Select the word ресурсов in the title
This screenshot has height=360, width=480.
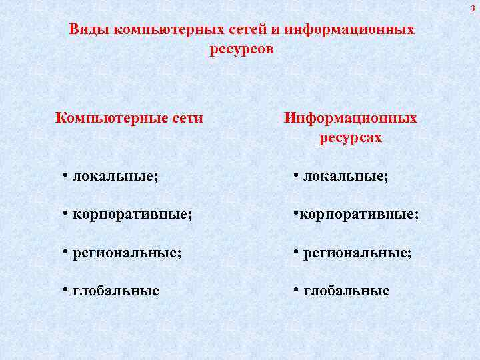(x=242, y=49)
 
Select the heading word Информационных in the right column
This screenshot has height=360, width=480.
(x=351, y=119)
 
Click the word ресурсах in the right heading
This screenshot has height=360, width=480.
(x=351, y=138)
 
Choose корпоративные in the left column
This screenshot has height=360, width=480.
(x=133, y=215)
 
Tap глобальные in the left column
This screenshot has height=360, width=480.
(x=116, y=291)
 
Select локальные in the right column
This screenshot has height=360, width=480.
(x=346, y=177)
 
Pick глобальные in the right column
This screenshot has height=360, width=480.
(x=347, y=291)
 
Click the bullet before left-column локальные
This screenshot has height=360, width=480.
(x=66, y=175)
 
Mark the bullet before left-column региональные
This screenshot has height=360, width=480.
(x=66, y=252)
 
